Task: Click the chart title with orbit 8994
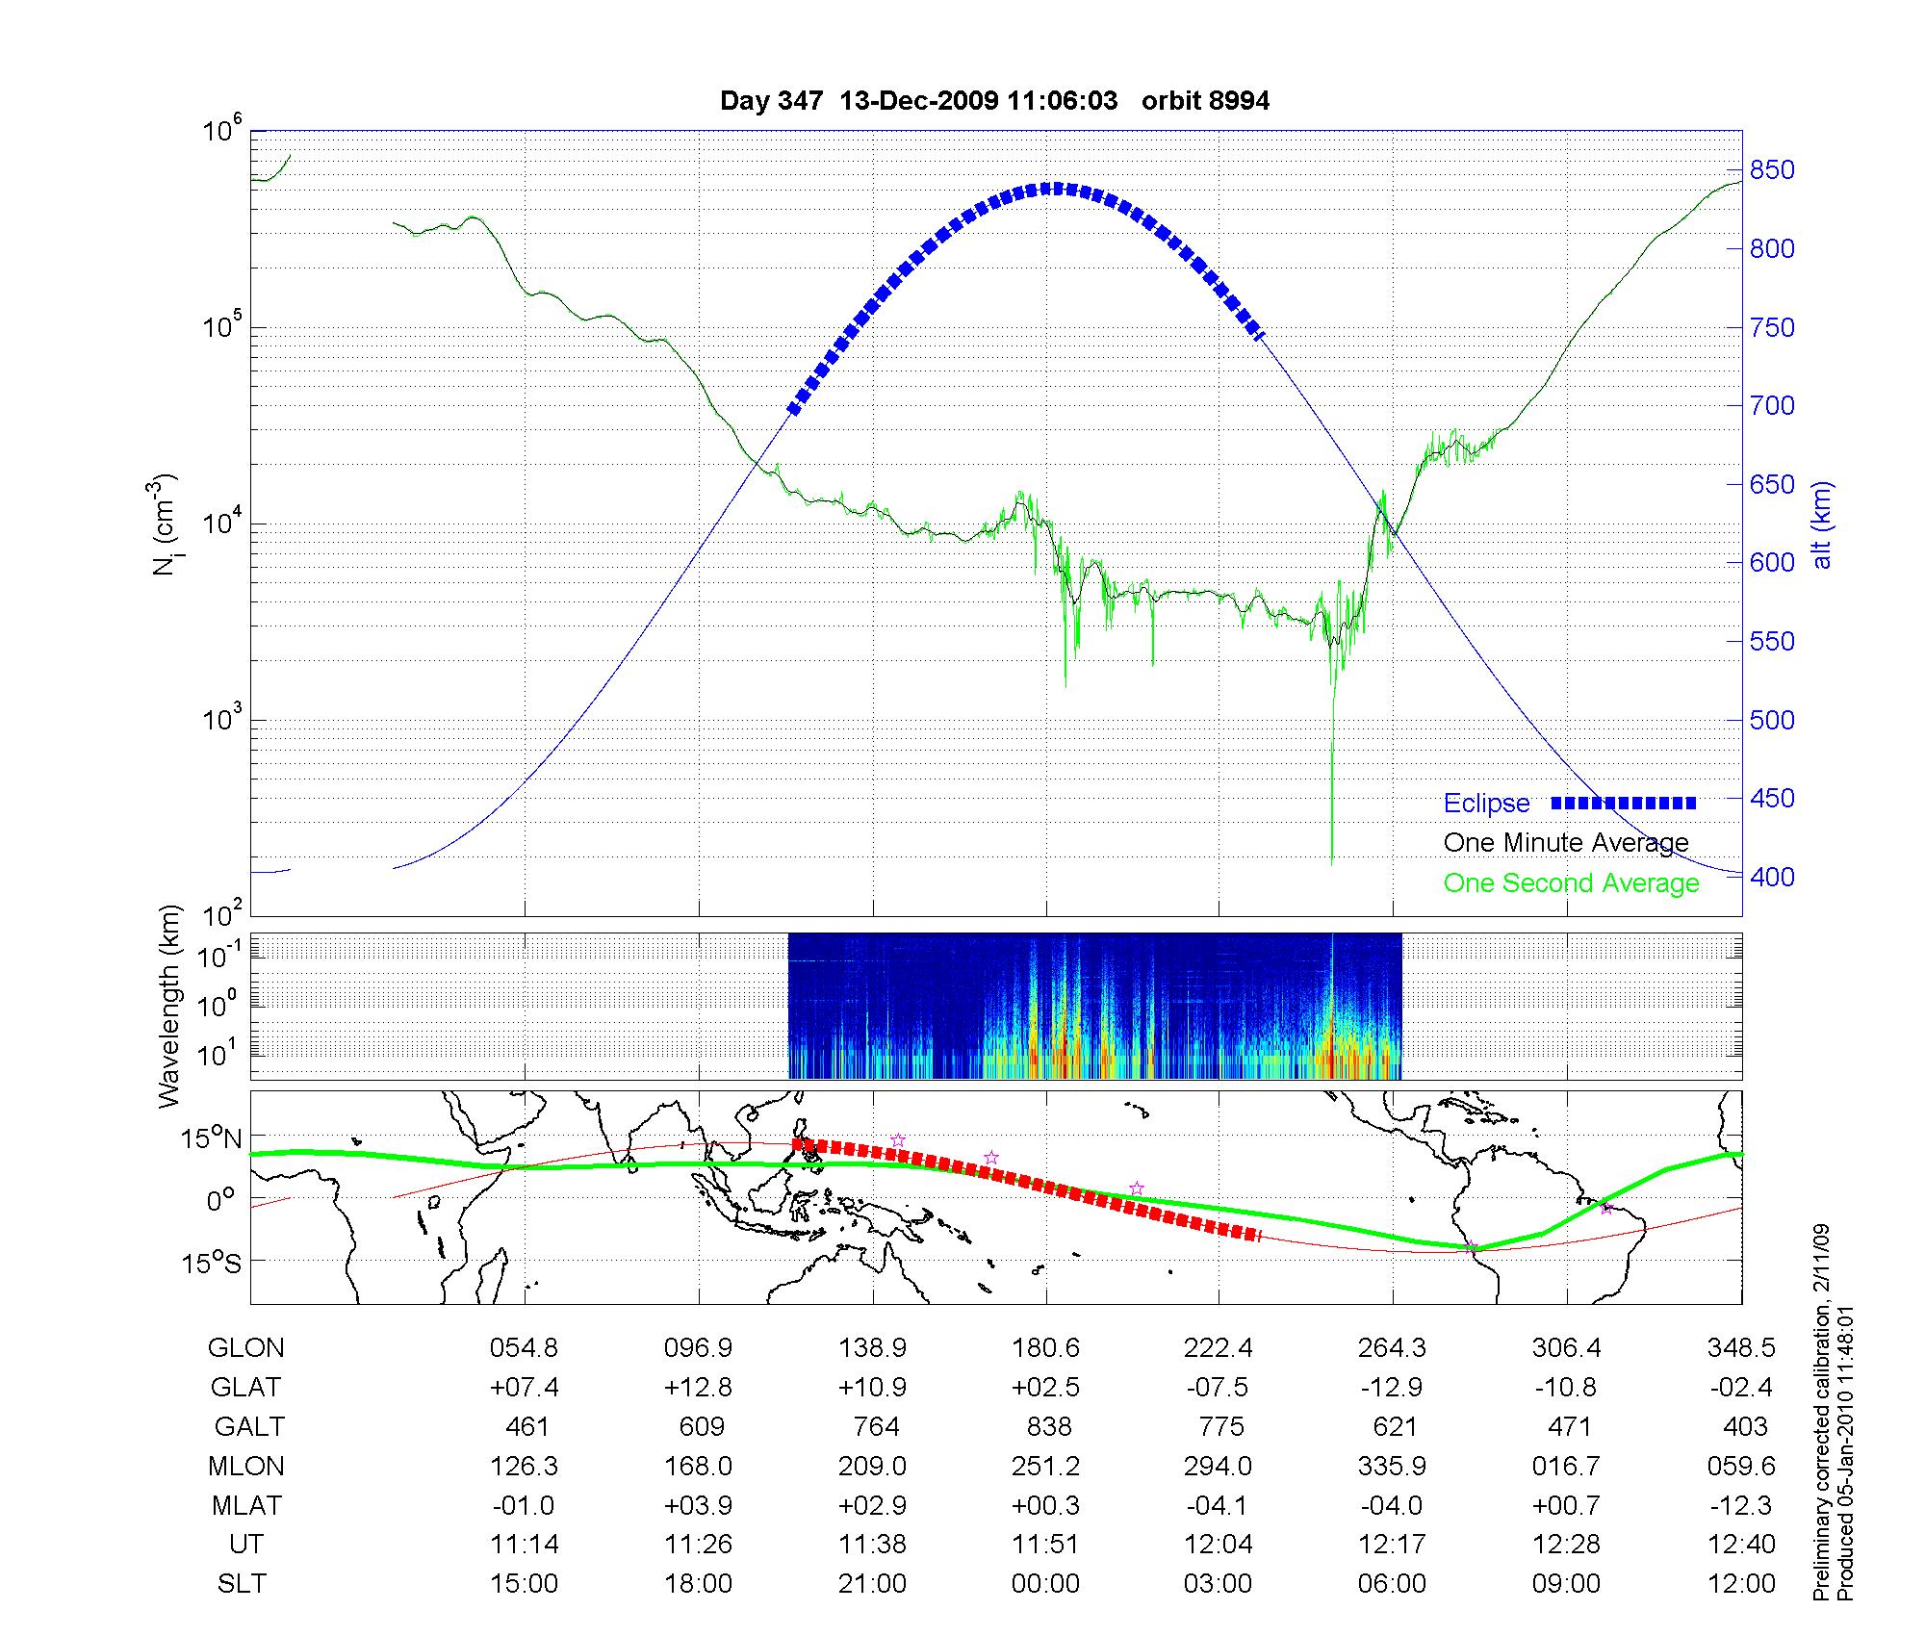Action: coord(994,101)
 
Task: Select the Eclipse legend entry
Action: coord(1486,804)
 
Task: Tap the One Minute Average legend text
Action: coord(1566,844)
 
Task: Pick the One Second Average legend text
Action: coord(1571,883)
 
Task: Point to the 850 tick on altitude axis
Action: coord(1771,170)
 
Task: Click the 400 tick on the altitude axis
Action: coord(1771,877)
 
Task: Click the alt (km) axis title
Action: coord(1822,524)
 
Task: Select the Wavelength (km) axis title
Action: coord(170,1006)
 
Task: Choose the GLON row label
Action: coord(245,1348)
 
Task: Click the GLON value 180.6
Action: coord(1045,1348)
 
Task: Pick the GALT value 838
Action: coord(1048,1426)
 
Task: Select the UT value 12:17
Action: coord(1392,1545)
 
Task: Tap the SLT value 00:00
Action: coord(1045,1584)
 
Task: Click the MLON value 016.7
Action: coord(1566,1467)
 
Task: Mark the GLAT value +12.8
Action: coord(698,1388)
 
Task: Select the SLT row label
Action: coord(242,1584)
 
